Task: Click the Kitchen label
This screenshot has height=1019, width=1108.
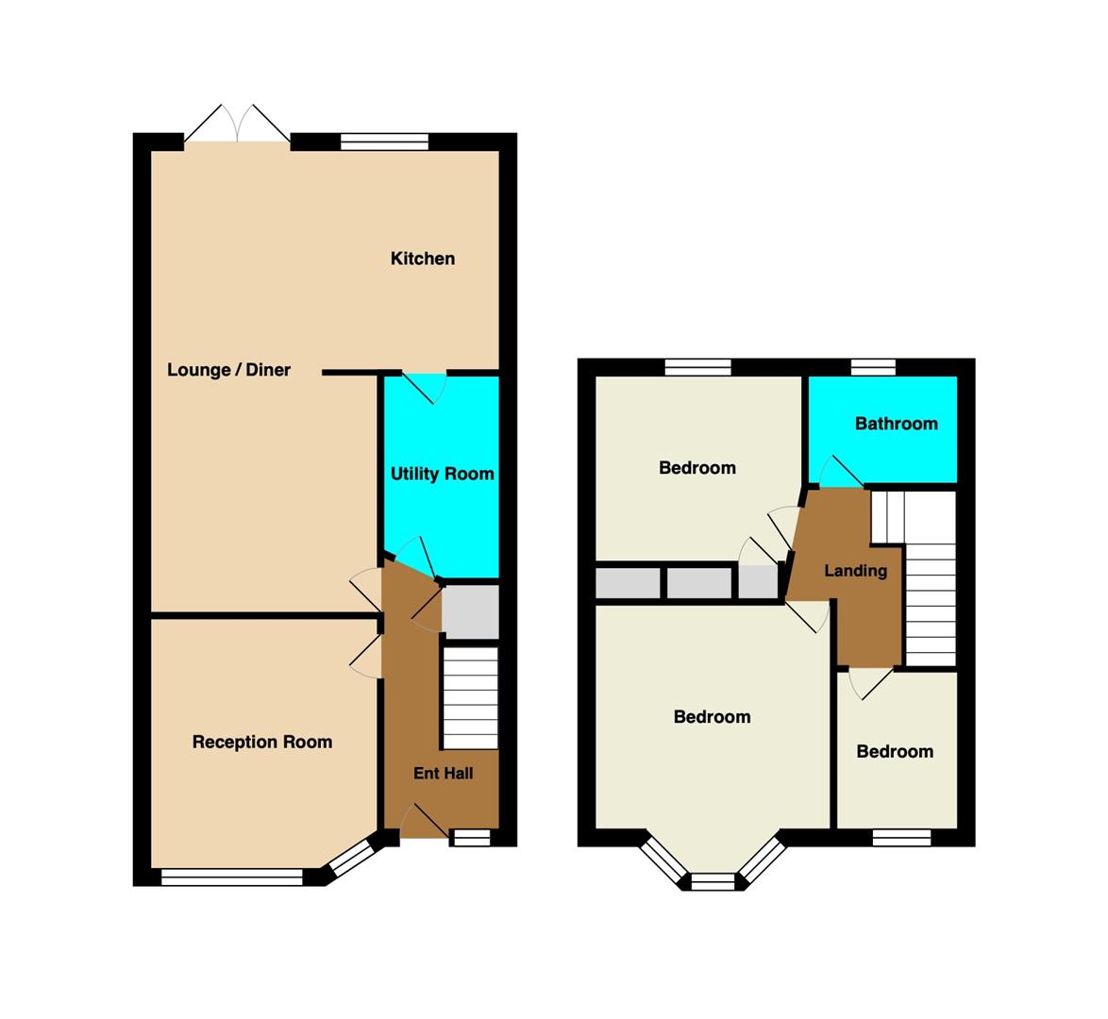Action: click(423, 259)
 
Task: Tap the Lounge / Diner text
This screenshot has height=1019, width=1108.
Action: click(228, 370)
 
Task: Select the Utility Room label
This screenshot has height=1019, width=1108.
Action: click(443, 474)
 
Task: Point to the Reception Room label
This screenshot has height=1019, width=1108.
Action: click(262, 742)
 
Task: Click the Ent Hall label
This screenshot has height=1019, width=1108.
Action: click(443, 773)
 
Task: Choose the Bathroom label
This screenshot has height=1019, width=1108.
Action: click(896, 424)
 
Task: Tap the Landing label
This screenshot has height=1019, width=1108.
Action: click(856, 570)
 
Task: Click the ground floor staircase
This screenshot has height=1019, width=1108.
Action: click(470, 698)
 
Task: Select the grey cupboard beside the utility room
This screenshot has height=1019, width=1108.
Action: click(470, 612)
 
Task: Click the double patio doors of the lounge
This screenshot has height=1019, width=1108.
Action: click(238, 125)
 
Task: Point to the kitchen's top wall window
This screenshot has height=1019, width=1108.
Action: click(384, 142)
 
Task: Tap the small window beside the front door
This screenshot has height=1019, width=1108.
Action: click(471, 838)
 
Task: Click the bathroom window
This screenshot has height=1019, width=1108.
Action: click(873, 367)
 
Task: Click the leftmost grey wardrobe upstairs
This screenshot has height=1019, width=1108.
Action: click(628, 584)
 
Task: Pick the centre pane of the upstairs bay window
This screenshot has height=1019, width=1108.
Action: click(713, 881)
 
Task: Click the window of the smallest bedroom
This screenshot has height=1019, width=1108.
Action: click(901, 838)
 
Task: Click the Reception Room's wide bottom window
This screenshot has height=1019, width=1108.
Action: click(232, 877)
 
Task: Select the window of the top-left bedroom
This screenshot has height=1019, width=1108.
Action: click(697, 367)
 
